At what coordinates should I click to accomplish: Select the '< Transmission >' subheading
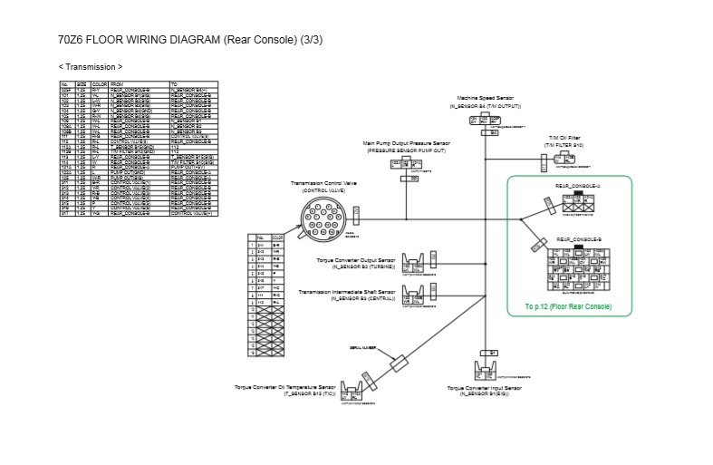point(91,67)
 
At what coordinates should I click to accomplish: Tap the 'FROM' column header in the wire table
point(117,82)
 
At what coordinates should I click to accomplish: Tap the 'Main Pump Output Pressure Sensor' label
point(406,143)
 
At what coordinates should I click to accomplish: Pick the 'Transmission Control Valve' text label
point(324,184)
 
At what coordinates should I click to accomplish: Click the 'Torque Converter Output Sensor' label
point(356,260)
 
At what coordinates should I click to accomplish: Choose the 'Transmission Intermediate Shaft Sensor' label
point(349,292)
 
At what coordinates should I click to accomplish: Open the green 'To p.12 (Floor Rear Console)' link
point(567,307)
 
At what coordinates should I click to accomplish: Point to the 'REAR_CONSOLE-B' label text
point(578,239)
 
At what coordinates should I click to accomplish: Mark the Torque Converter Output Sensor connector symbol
point(416,263)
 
